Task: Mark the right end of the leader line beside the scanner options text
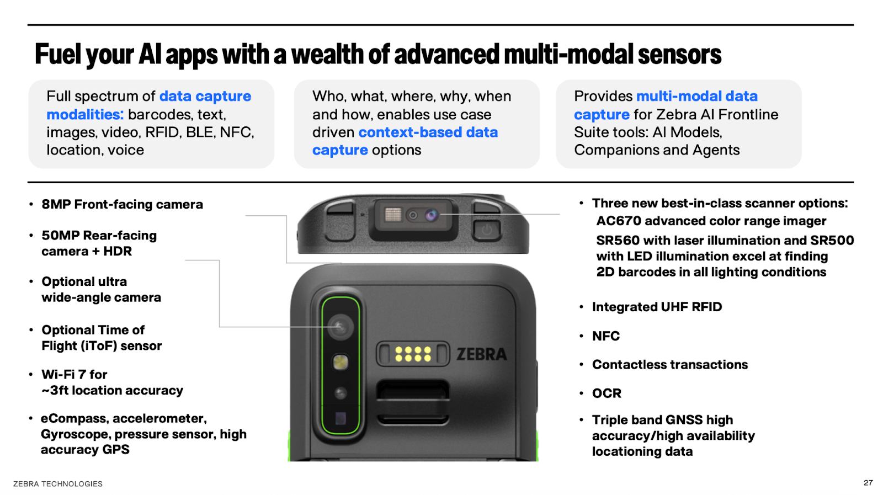[x=560, y=215]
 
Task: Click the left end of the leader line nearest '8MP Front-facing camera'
[x=246, y=216]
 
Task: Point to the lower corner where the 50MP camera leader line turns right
[x=219, y=327]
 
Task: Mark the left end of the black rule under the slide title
[x=28, y=183]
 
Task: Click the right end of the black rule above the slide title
[x=853, y=25]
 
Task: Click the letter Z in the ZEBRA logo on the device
[x=461, y=354]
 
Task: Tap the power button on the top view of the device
[x=486, y=230]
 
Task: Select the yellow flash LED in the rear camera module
[x=340, y=362]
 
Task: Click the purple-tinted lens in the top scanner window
[x=431, y=215]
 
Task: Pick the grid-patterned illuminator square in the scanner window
[x=393, y=215]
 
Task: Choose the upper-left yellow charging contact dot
[x=398, y=350]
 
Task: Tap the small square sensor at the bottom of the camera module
[x=341, y=418]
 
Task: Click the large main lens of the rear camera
[x=340, y=327]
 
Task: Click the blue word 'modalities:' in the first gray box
[x=85, y=114]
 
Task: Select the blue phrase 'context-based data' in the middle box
[x=428, y=132]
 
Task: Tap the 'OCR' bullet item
[x=607, y=393]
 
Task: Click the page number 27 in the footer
[x=868, y=483]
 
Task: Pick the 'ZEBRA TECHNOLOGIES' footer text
[x=58, y=484]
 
